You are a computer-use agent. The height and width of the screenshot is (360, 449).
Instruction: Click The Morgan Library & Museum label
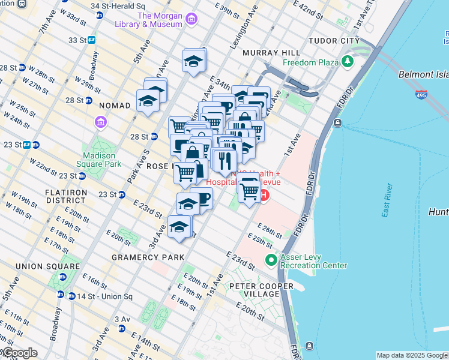tap(160, 20)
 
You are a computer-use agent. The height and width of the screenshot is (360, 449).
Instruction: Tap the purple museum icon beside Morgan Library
tap(191, 20)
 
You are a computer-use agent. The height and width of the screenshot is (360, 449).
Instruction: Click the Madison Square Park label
tap(102, 159)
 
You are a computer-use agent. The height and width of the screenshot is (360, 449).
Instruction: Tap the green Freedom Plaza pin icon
tap(348, 61)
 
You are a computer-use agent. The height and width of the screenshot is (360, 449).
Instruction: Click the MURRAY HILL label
tap(267, 53)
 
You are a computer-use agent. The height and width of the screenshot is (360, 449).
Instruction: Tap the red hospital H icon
tap(264, 195)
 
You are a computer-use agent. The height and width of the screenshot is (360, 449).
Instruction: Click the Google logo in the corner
tap(19, 353)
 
